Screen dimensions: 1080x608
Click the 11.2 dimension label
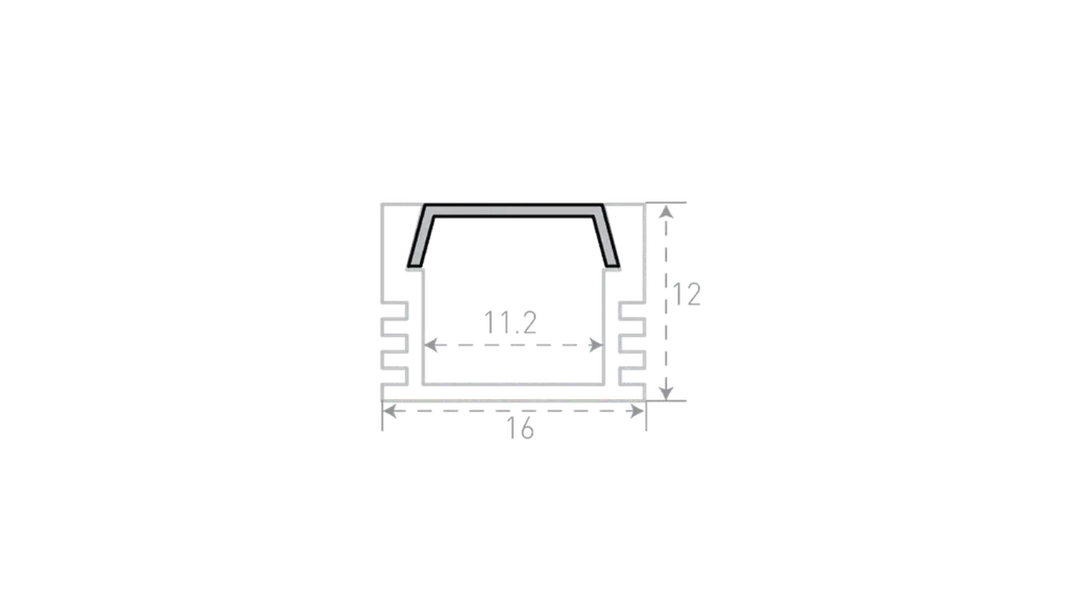tap(510, 323)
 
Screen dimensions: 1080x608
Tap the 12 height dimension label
tap(686, 295)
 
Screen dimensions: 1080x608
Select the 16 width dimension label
tap(520, 428)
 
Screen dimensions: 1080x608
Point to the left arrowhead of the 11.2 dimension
tap(430, 345)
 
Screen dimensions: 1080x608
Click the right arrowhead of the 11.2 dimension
tap(596, 345)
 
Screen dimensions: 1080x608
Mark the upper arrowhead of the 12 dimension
tap(666, 212)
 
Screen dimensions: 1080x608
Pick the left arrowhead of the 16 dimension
tap(389, 411)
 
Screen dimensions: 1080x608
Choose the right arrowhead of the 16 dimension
tap(637, 411)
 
